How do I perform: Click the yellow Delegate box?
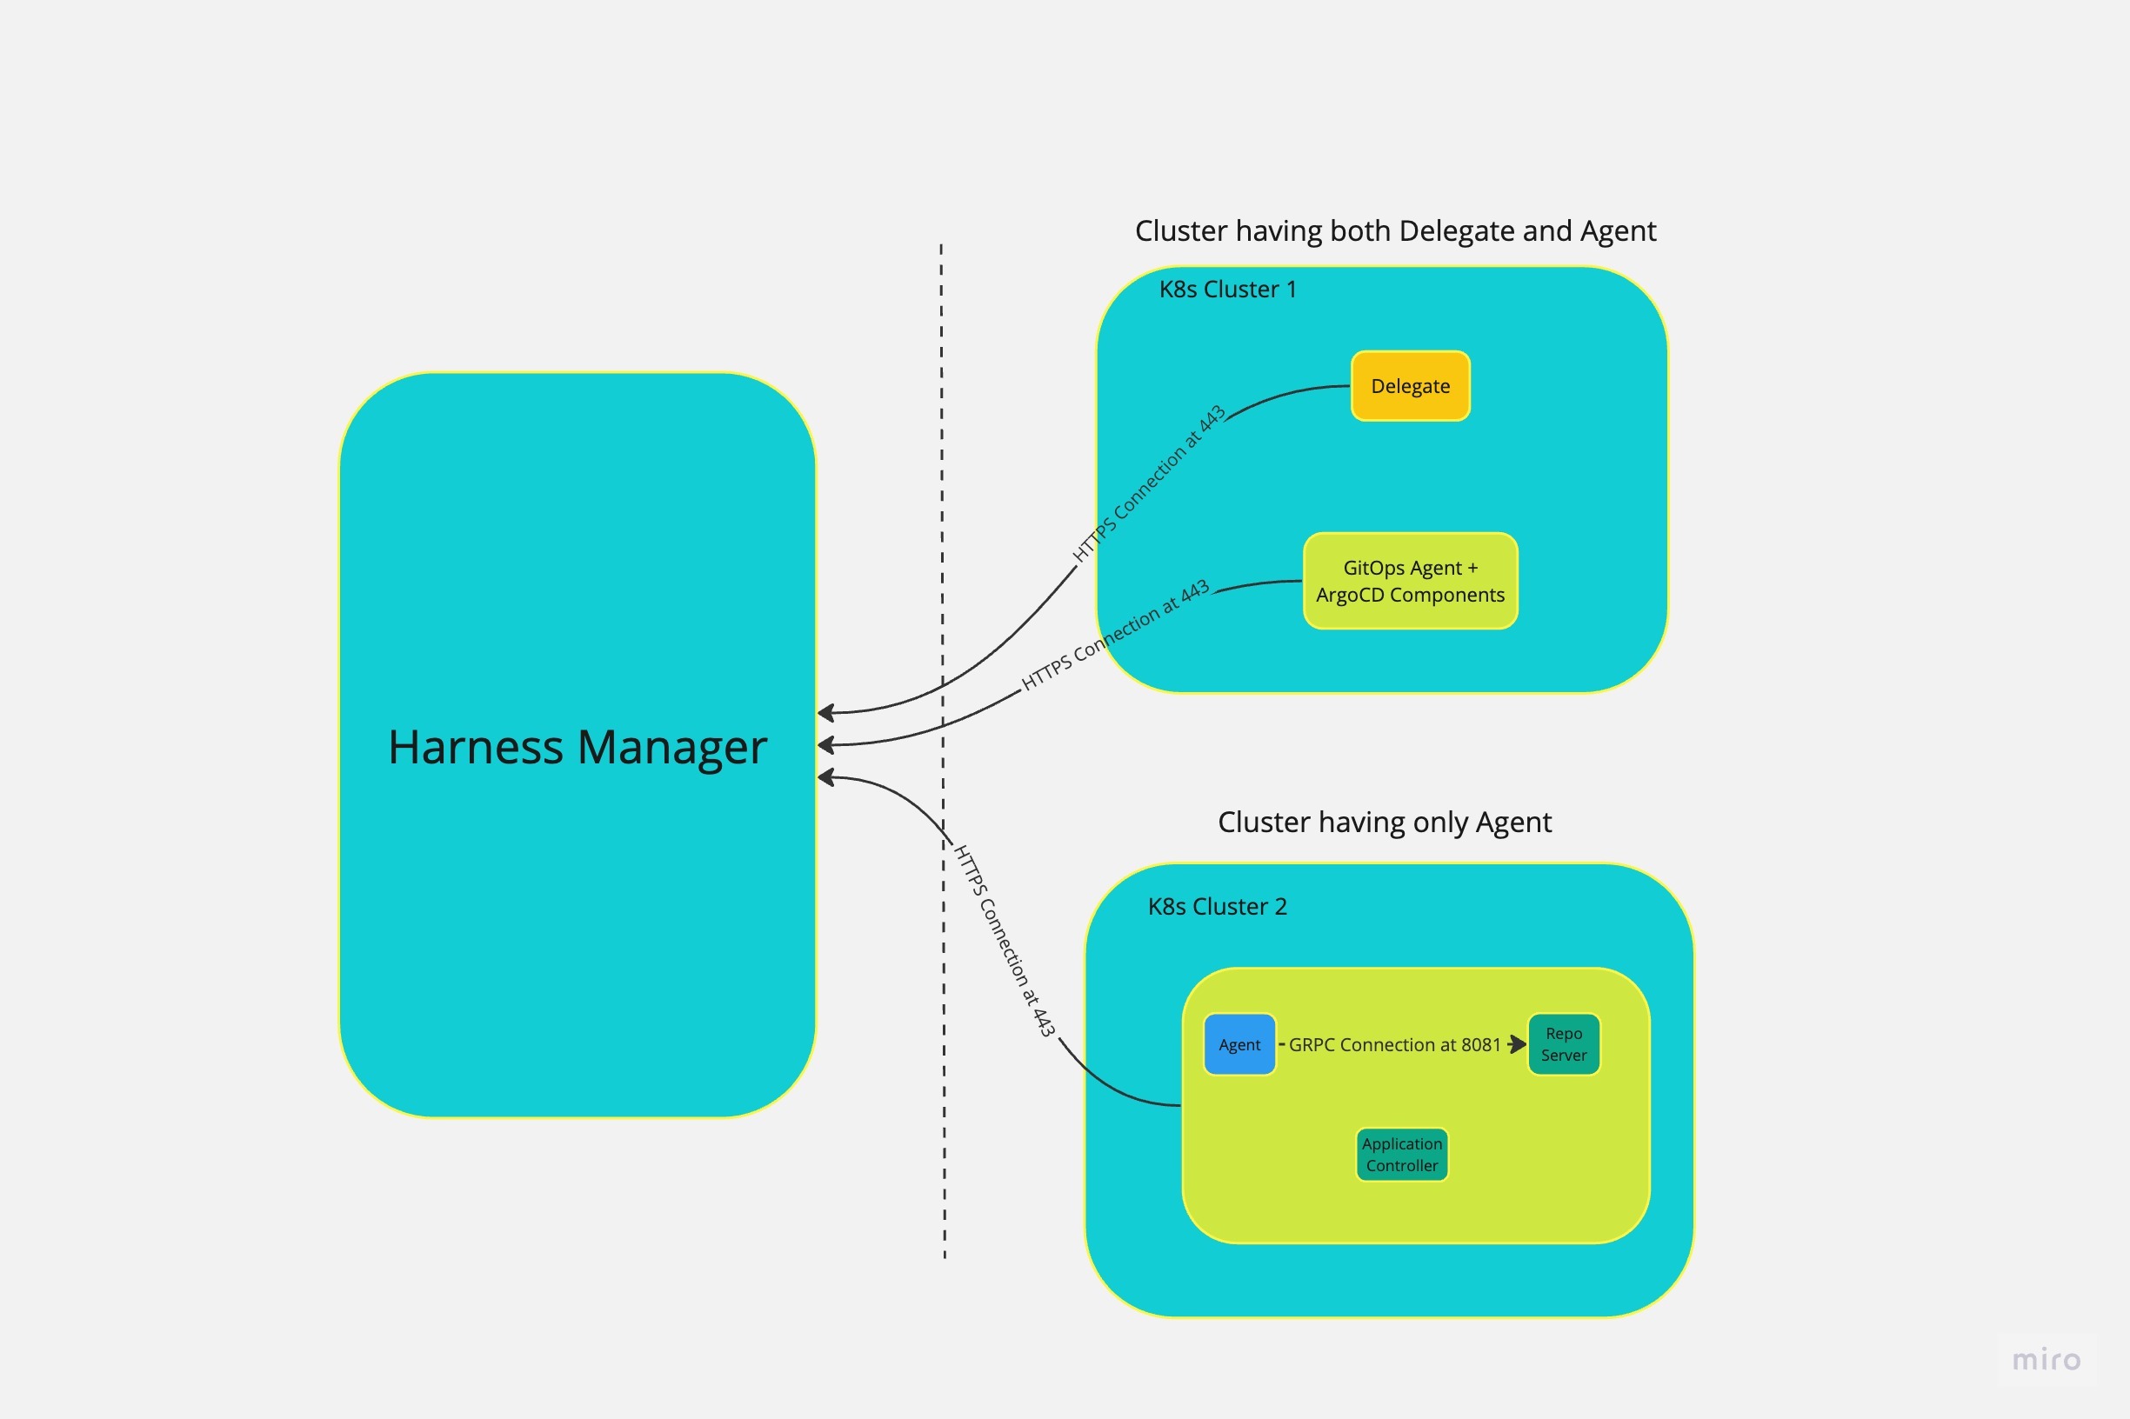pos(1410,386)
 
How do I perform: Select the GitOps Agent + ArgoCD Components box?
pos(1410,581)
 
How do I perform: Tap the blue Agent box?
pos(1239,1044)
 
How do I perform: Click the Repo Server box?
pos(1563,1044)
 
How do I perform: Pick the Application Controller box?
pos(1401,1155)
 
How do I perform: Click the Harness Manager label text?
pos(578,748)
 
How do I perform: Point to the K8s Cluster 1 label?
pos(1227,290)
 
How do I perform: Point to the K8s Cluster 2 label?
pos(1217,907)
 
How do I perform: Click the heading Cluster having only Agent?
pos(1384,822)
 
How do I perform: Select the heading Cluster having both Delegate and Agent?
pos(1395,230)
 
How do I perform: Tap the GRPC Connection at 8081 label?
pos(1394,1044)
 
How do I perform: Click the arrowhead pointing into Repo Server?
pos(1518,1044)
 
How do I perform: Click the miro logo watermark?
pos(2046,1360)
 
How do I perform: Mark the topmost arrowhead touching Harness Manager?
pos(825,713)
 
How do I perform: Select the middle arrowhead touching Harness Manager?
pos(825,745)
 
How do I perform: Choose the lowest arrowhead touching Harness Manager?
pos(825,777)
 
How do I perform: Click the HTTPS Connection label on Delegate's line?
pos(1148,484)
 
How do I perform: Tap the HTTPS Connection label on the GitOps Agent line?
pos(1114,636)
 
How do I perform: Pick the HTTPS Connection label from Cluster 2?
pos(1005,941)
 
